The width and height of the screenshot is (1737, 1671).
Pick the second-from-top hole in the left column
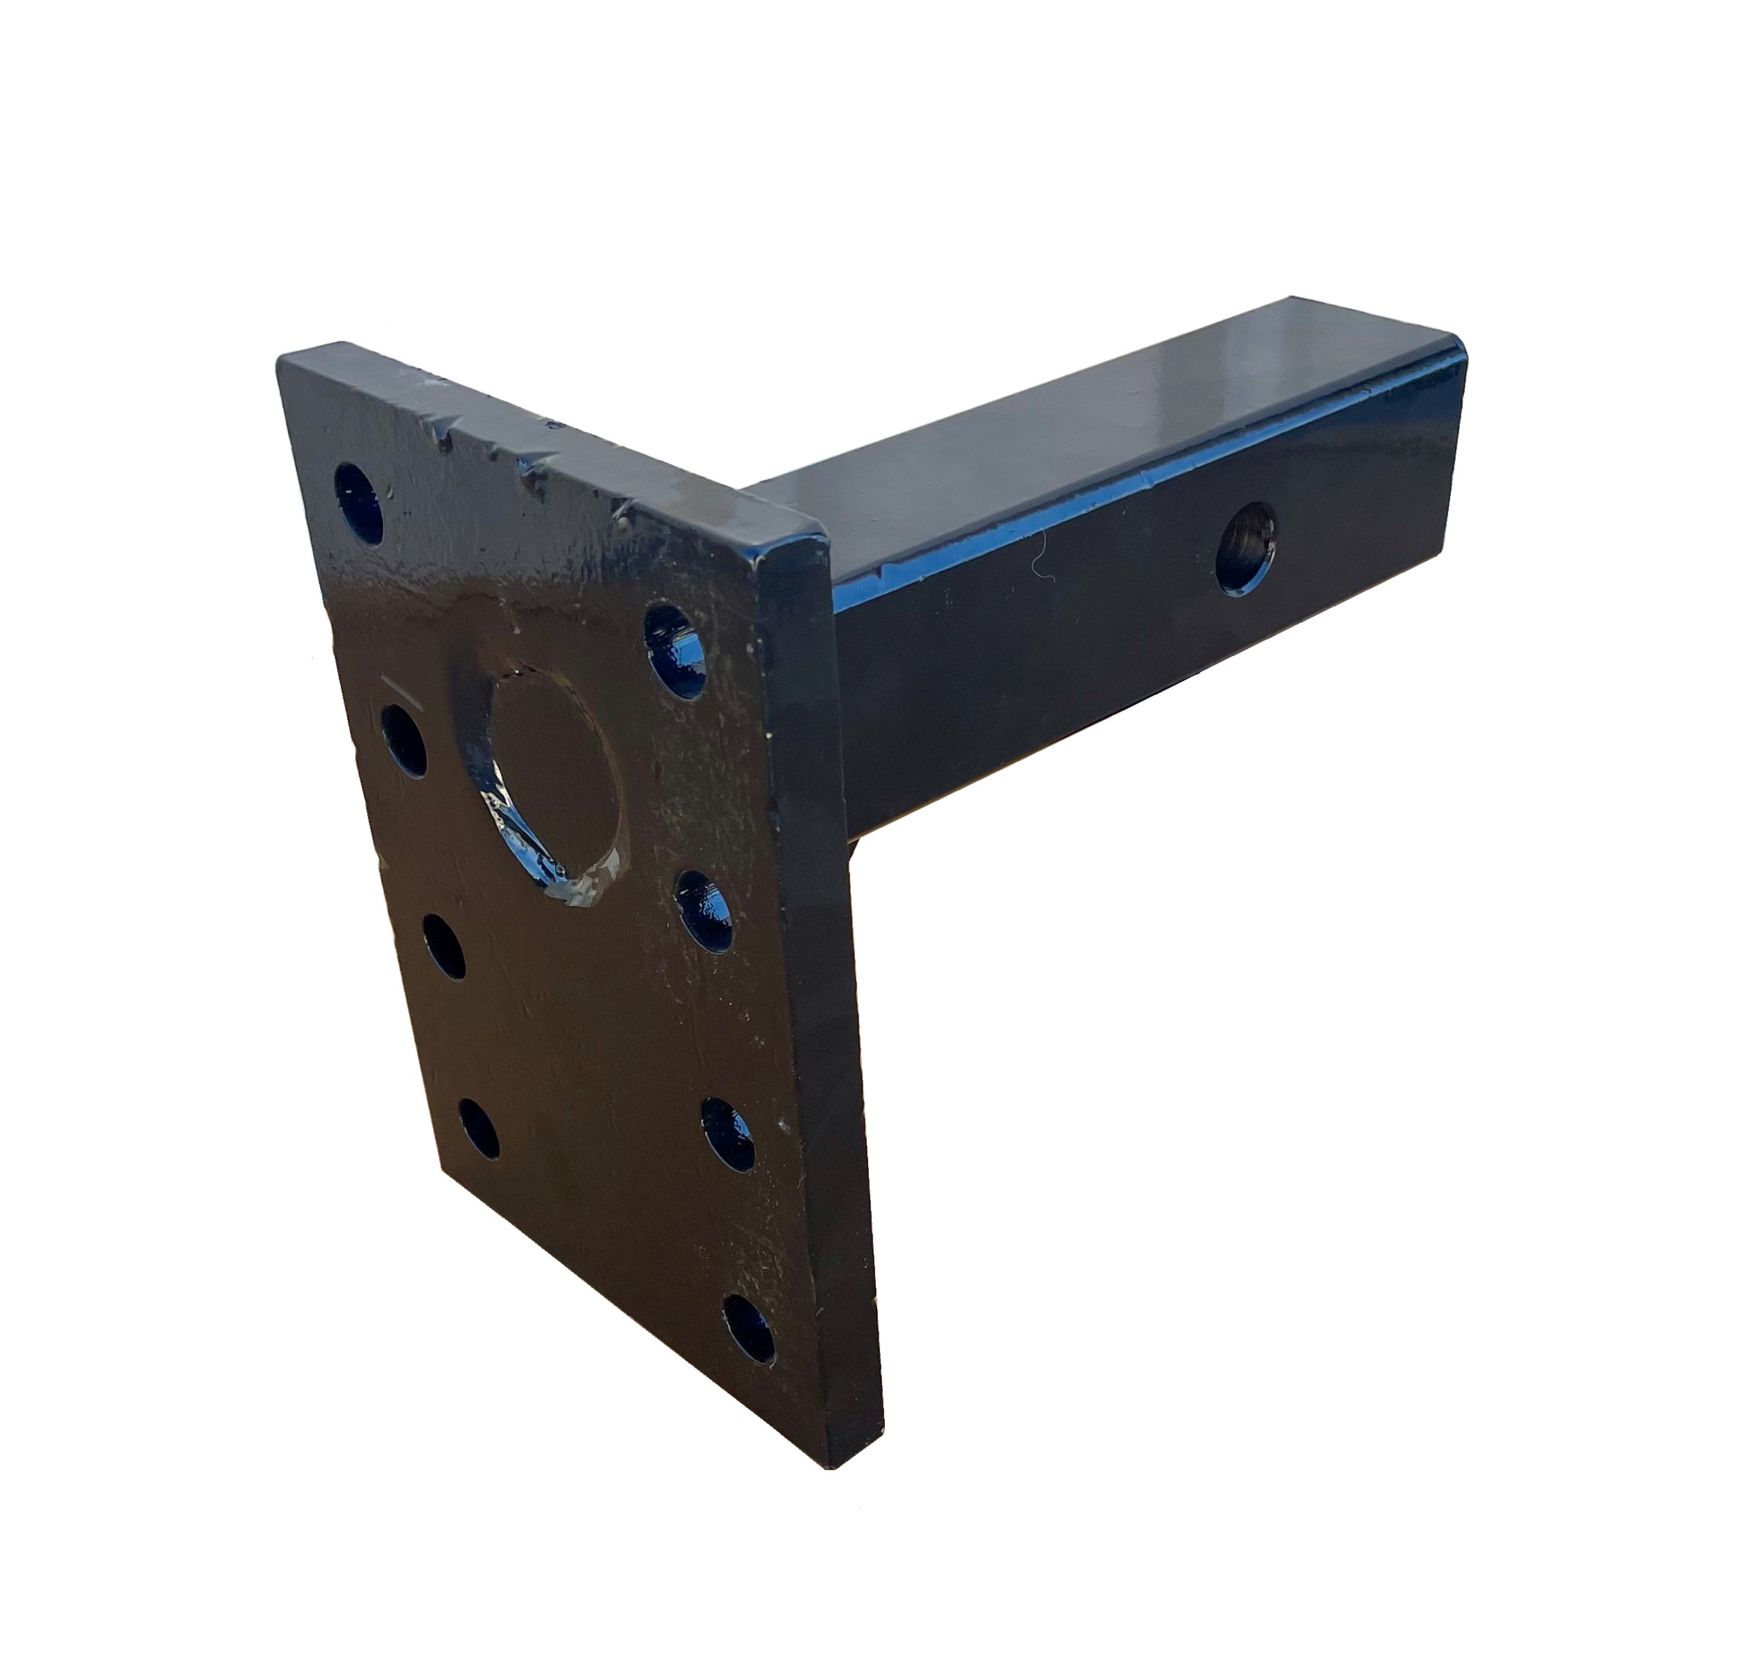tap(404, 741)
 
